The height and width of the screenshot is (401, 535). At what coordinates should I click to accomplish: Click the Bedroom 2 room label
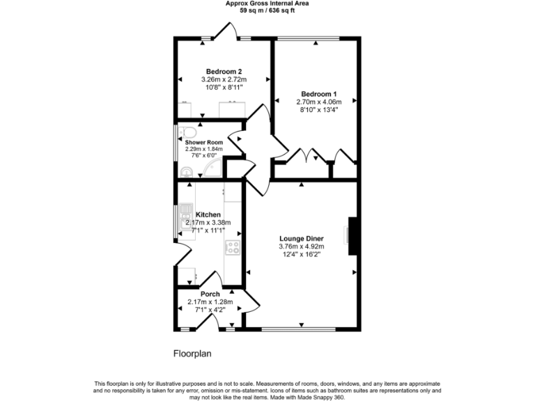point(224,71)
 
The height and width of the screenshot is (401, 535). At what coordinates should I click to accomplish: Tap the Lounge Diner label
point(302,238)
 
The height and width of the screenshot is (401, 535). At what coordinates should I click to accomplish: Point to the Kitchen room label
point(208,214)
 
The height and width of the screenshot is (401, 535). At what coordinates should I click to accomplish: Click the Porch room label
point(210,294)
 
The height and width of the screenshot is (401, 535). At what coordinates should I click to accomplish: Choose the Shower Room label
point(204,142)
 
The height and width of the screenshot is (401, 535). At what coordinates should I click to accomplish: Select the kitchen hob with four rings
point(232,246)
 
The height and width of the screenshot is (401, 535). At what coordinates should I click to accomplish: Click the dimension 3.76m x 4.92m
point(302,246)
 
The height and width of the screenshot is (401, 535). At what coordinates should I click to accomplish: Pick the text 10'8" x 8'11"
point(224,87)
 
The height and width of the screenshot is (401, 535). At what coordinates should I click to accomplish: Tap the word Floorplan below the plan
point(192,354)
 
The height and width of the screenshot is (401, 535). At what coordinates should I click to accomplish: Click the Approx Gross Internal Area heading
point(267,3)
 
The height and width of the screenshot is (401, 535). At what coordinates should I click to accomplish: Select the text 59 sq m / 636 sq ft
point(267,11)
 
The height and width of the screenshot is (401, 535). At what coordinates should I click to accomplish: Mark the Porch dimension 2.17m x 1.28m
point(210,301)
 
